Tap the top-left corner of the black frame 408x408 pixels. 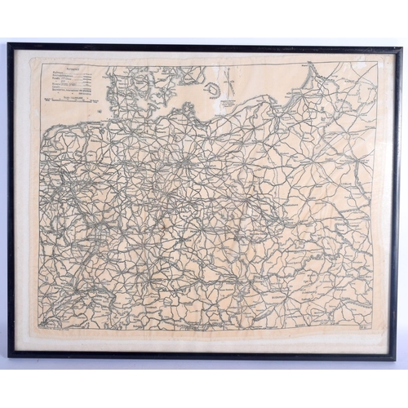(11, 46)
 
